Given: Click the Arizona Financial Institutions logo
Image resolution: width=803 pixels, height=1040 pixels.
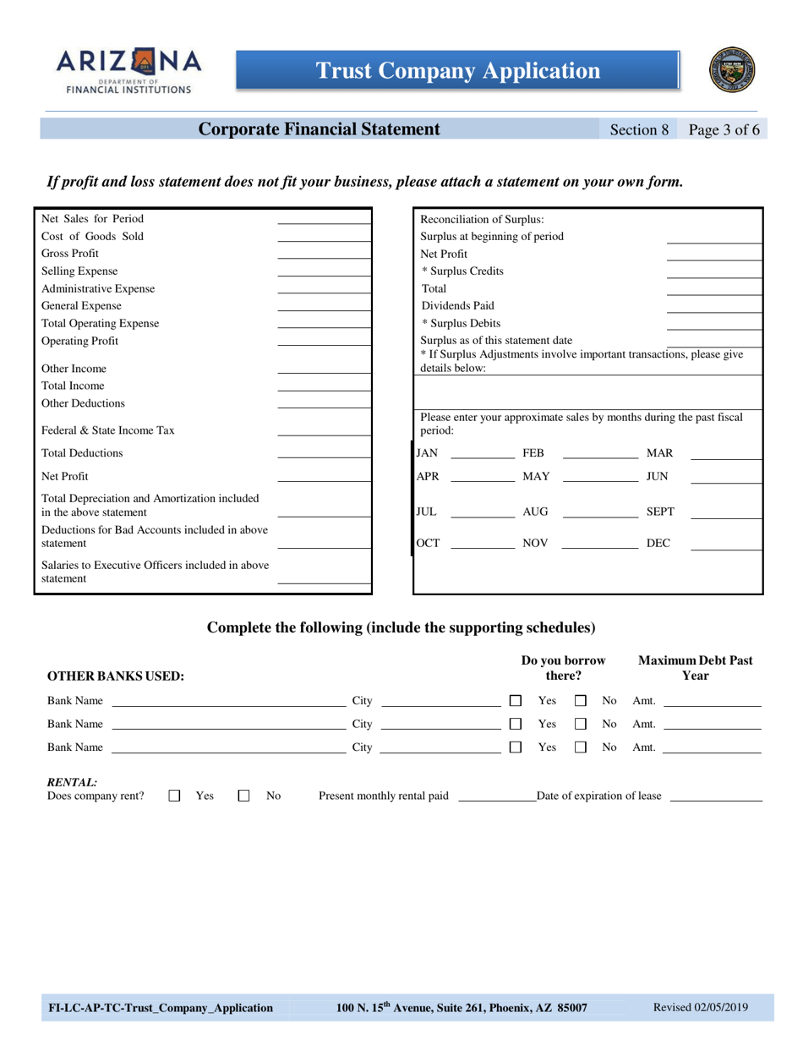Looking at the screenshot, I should click(x=129, y=70).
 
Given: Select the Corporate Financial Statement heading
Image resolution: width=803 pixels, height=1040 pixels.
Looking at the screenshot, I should click(x=319, y=129).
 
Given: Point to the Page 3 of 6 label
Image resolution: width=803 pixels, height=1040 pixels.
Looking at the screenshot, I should click(x=724, y=130).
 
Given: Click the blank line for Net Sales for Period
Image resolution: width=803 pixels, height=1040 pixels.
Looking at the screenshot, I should click(x=324, y=220).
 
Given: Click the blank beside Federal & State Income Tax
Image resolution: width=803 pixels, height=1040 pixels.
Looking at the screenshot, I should click(x=324, y=431).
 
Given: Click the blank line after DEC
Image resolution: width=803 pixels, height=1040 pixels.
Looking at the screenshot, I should click(x=725, y=545).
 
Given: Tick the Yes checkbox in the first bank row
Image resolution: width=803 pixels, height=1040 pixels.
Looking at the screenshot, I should click(x=516, y=701).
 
